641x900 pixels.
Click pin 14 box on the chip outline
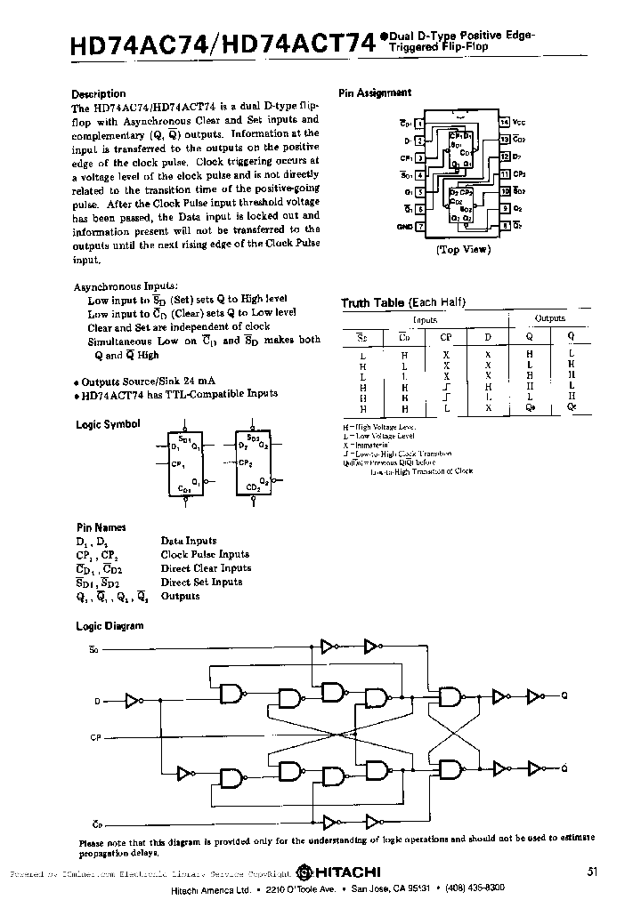(x=504, y=122)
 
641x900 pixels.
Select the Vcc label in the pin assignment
(x=519, y=122)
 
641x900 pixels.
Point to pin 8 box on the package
(x=504, y=227)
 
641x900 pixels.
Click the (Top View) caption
(x=463, y=250)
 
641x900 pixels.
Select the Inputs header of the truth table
(x=425, y=317)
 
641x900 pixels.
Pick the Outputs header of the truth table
(x=549, y=317)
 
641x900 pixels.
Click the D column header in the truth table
(x=487, y=336)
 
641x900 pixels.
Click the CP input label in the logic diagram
(x=96, y=737)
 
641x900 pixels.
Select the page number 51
(x=593, y=871)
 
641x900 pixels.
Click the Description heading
(x=98, y=93)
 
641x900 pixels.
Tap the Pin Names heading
(x=101, y=526)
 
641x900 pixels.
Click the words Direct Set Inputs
(x=201, y=582)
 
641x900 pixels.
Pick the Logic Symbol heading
(x=108, y=424)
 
